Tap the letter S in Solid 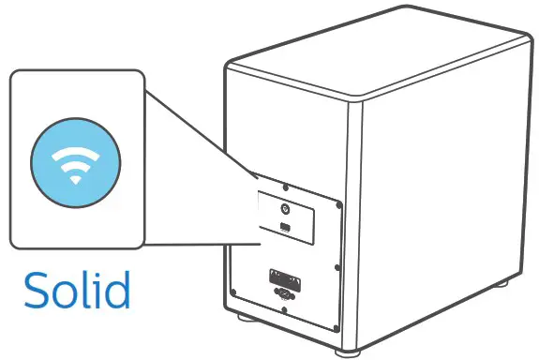tap(36, 291)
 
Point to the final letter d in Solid tap(117, 289)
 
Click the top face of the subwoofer tap(375, 64)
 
